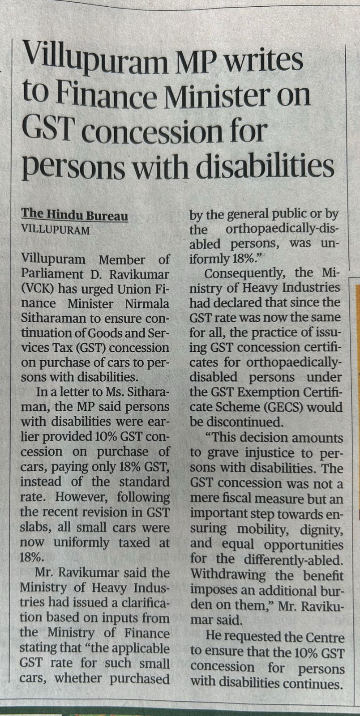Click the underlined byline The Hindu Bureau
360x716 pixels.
(x=75, y=216)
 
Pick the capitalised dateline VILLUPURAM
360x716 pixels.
(x=56, y=231)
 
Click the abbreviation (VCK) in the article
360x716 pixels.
(x=38, y=289)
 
